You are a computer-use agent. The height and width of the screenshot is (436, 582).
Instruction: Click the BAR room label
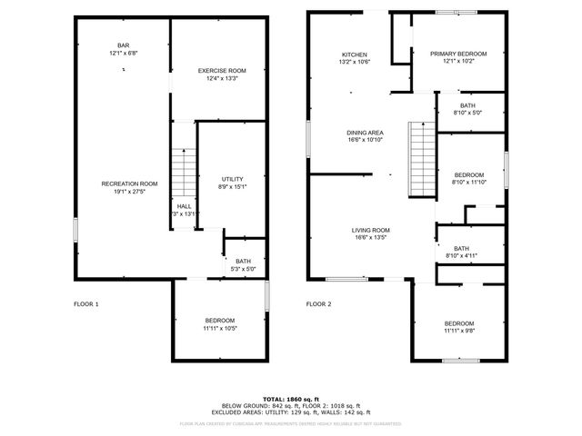point(123,45)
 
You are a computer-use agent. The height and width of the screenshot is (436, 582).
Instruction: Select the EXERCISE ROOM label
point(222,71)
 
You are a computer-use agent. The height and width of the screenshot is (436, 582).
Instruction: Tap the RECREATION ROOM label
point(129,183)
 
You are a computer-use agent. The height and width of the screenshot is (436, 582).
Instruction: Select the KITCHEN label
point(354,54)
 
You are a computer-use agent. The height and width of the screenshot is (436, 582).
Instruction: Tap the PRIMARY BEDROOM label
point(458,54)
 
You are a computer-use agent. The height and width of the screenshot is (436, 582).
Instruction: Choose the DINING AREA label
point(365,133)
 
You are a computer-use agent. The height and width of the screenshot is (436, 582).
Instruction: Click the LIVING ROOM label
point(371,230)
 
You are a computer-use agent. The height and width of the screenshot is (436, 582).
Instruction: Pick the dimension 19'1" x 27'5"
point(129,191)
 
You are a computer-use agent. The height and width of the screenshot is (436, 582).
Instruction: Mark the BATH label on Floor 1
point(244,262)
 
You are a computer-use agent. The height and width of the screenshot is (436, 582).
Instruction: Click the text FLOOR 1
point(86,304)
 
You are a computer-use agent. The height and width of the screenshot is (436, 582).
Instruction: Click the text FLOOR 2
point(319,304)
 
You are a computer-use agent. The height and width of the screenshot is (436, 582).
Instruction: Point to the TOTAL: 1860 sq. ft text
point(291,399)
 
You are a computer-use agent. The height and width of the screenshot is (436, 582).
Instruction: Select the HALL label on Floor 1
point(184,206)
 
